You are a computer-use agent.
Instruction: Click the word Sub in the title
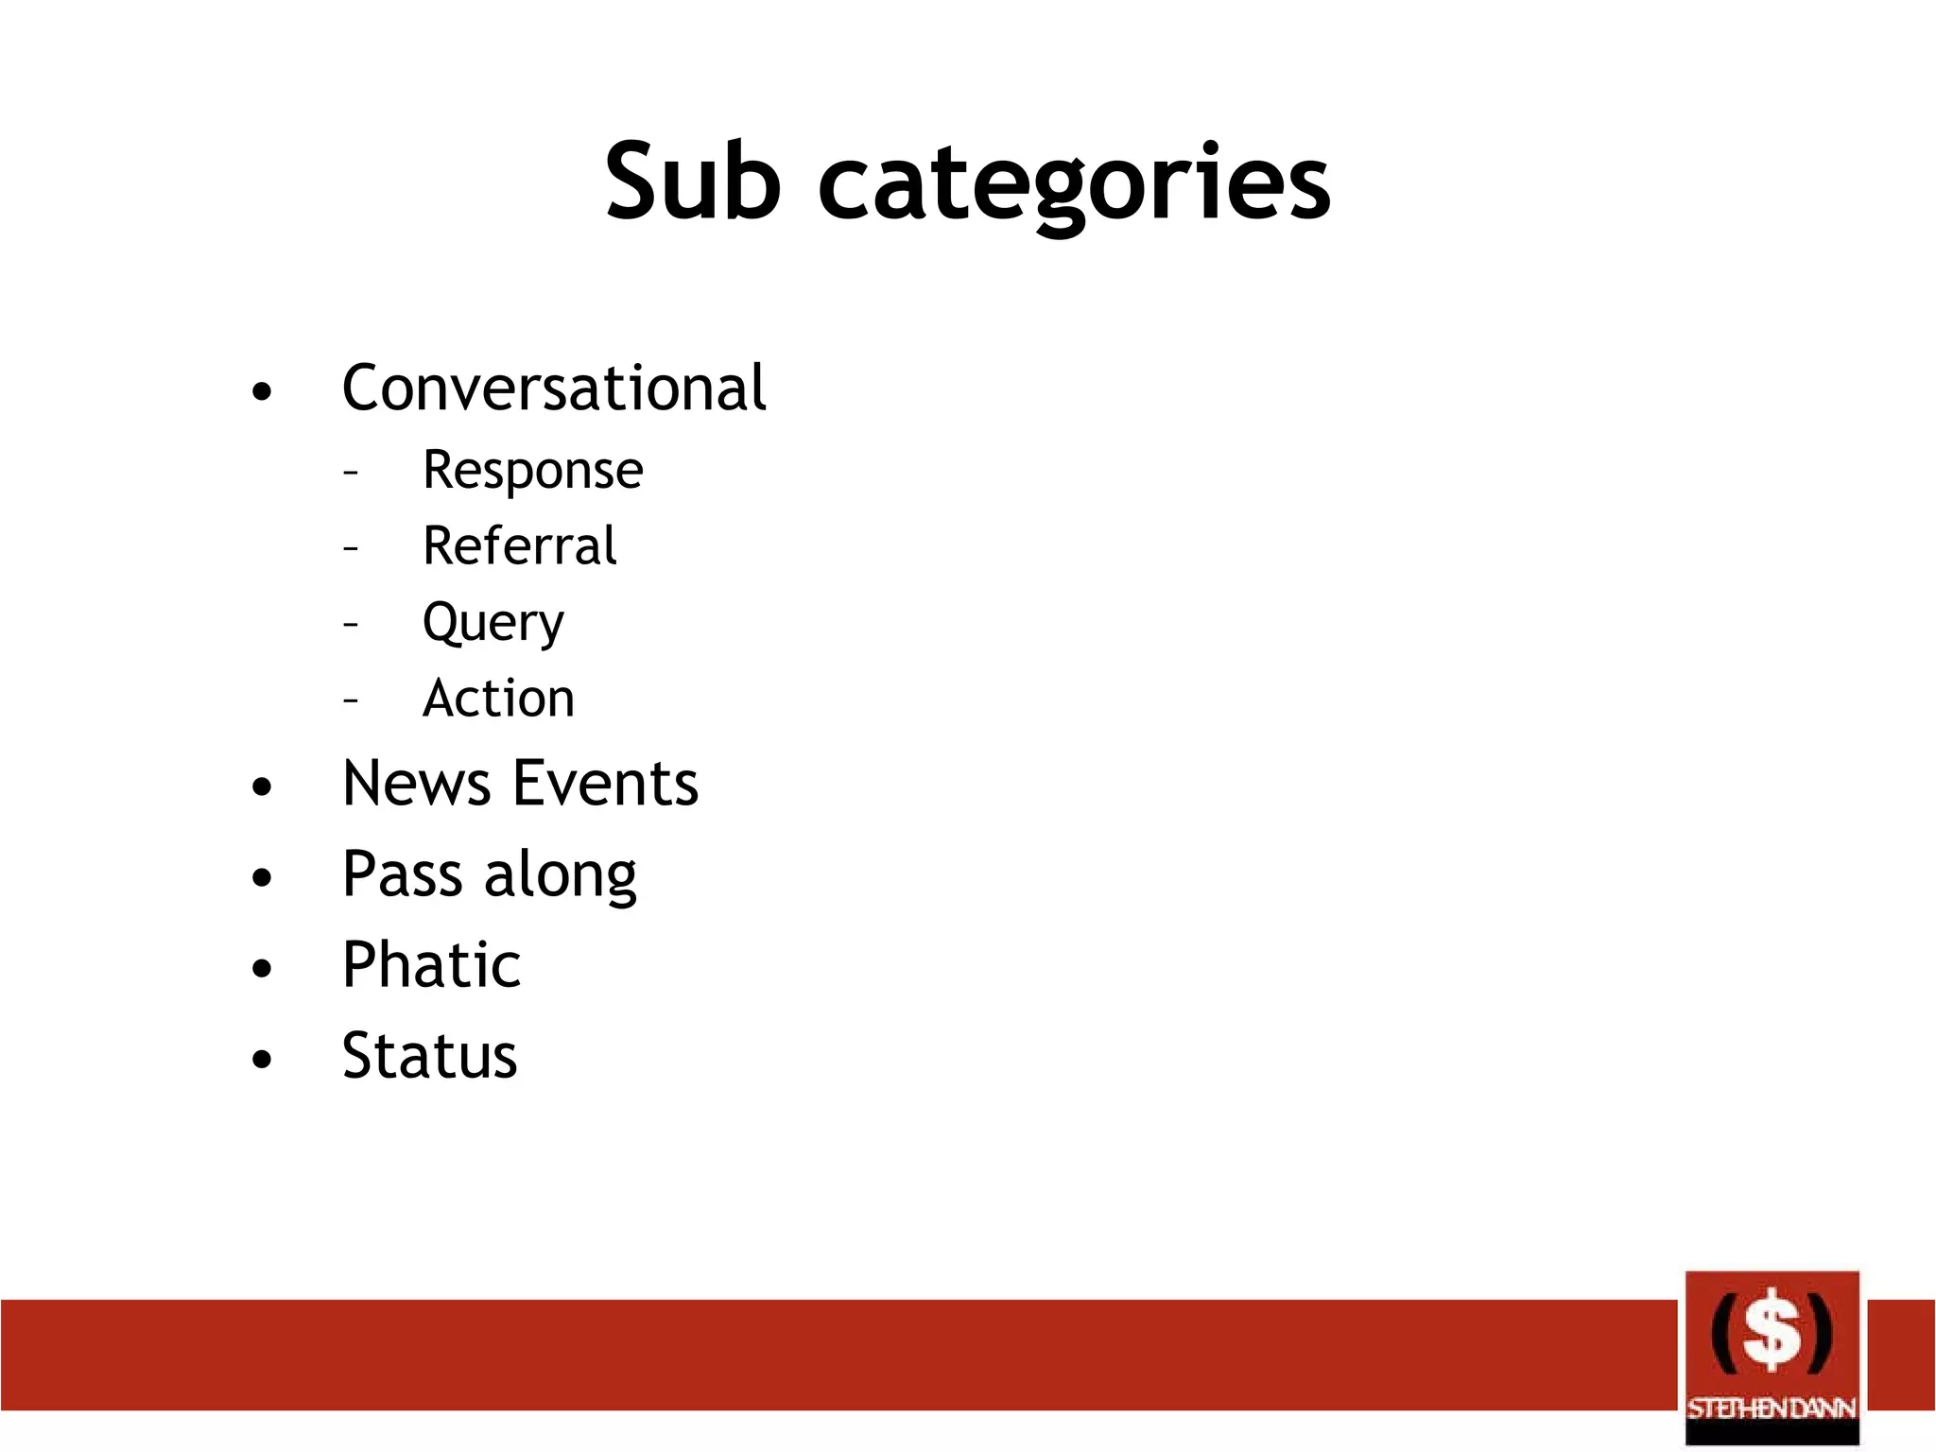click(693, 181)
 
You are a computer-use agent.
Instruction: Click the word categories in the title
click(1075, 184)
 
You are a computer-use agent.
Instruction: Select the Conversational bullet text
click(553, 388)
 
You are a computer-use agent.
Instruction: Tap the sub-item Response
click(532, 471)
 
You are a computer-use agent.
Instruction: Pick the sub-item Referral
click(519, 546)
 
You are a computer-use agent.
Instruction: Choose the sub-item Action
click(498, 699)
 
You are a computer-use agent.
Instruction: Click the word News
click(416, 784)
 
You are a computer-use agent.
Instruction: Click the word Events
click(606, 784)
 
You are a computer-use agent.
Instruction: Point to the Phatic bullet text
click(431, 965)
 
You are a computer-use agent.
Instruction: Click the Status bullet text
click(429, 1056)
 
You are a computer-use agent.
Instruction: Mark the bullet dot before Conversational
click(262, 391)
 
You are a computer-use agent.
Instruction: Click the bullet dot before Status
click(262, 1059)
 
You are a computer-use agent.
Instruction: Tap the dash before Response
click(351, 471)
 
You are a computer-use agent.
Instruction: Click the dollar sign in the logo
click(1772, 1331)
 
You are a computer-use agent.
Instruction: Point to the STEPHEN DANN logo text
click(1772, 1409)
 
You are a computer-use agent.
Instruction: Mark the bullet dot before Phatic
click(262, 968)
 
